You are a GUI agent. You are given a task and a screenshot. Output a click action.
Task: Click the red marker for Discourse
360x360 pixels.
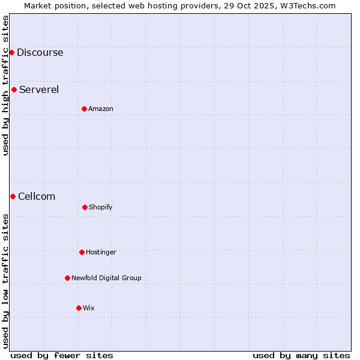click(x=11, y=52)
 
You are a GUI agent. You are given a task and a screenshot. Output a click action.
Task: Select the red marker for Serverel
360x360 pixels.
click(x=14, y=90)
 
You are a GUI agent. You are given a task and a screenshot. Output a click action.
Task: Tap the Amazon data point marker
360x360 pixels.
click(x=84, y=109)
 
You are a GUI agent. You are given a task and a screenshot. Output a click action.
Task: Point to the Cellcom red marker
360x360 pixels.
click(x=13, y=196)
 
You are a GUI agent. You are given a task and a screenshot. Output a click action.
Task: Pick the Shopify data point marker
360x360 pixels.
click(x=85, y=207)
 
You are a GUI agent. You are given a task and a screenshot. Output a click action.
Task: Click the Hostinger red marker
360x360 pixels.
click(x=82, y=252)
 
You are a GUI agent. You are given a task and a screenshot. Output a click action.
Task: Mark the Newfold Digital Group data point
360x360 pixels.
click(x=67, y=278)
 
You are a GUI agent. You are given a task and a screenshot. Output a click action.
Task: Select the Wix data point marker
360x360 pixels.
click(x=79, y=308)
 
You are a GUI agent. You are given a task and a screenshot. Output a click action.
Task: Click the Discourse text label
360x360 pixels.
click(x=40, y=52)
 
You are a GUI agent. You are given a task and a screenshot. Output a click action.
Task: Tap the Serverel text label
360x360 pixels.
click(x=39, y=90)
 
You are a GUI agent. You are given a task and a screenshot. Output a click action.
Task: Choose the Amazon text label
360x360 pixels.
click(x=101, y=109)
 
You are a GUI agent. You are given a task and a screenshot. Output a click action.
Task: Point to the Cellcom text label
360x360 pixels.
click(x=37, y=196)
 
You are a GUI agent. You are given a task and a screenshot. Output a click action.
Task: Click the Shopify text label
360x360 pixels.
click(x=101, y=207)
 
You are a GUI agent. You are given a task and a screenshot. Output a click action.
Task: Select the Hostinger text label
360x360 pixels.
click(x=101, y=252)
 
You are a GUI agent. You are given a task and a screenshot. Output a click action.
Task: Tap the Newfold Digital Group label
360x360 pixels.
click(x=106, y=278)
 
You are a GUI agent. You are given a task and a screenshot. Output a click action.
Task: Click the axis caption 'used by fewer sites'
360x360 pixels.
click(x=62, y=355)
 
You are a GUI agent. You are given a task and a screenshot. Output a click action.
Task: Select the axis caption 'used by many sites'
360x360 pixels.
click(x=301, y=355)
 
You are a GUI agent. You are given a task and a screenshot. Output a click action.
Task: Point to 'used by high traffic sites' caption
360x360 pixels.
click(x=5, y=85)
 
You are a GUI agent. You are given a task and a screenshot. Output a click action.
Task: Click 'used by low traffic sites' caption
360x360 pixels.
click(x=5, y=281)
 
